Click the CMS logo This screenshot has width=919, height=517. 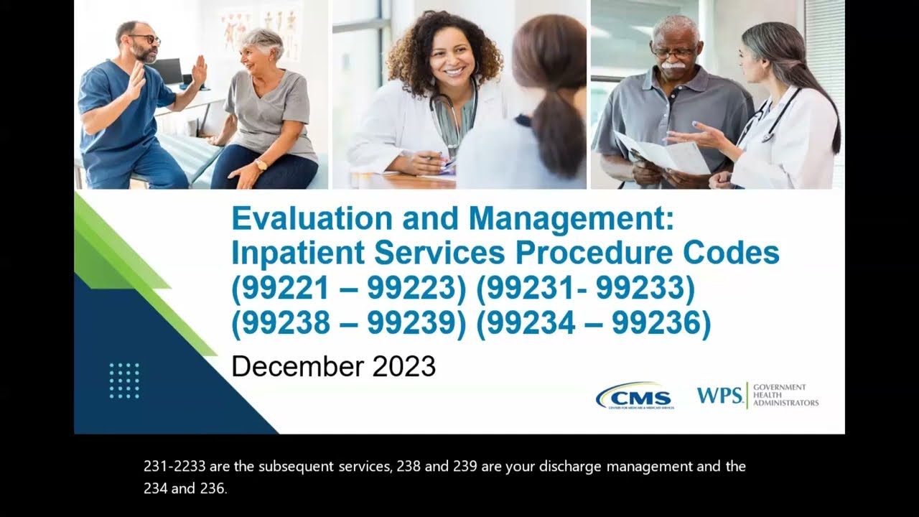(x=635, y=396)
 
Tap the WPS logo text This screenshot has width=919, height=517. (x=719, y=395)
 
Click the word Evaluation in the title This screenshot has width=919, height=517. (x=313, y=219)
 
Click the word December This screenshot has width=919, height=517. (x=297, y=366)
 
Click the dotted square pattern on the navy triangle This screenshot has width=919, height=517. (x=124, y=380)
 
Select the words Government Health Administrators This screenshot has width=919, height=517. (x=785, y=395)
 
